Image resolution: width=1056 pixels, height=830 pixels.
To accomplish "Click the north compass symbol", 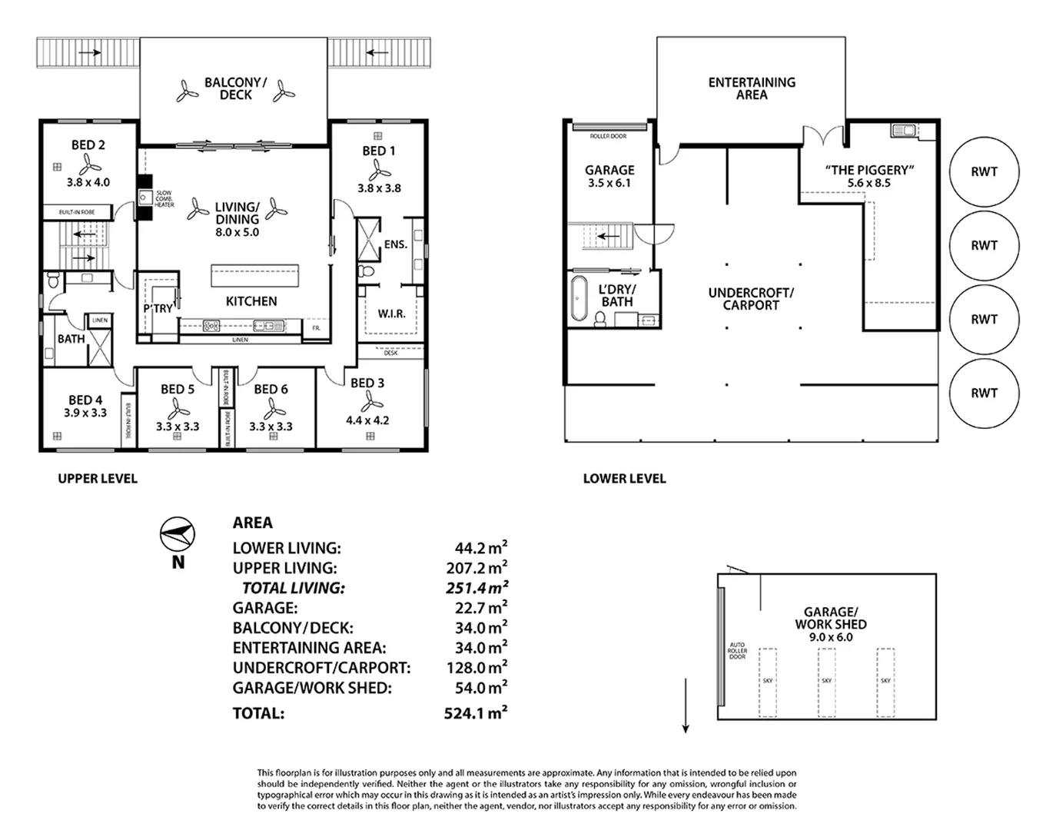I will point(178,534).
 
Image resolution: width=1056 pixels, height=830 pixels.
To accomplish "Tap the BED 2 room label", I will point(88,144).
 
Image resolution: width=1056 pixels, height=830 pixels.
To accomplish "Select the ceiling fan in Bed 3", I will point(371,401).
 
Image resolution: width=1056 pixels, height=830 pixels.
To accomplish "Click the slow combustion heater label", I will point(164,199).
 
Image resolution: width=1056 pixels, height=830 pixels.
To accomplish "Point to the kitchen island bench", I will point(254,275).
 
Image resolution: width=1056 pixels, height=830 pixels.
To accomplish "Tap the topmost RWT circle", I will point(984,172).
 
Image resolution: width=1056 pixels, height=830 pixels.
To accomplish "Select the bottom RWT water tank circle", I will point(984,393).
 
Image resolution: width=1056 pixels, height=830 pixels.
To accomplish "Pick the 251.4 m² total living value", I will point(477,589).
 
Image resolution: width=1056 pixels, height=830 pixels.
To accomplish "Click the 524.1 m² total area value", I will point(475,713).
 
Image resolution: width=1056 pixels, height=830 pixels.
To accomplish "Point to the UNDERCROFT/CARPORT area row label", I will point(321,668).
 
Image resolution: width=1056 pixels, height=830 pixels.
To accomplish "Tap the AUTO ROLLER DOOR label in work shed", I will point(737,651).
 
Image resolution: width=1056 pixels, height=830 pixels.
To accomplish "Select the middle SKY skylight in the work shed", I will point(826,681).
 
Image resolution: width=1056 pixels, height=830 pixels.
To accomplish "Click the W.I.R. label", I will point(391,314).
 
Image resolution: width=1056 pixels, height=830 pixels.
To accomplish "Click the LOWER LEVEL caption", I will point(624,478).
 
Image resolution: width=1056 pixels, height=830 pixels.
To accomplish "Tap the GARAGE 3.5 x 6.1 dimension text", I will point(609,183).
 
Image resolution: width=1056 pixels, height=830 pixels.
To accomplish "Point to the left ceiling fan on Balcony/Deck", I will point(187,91).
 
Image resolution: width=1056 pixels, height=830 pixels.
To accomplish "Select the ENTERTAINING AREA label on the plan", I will point(751,88).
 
